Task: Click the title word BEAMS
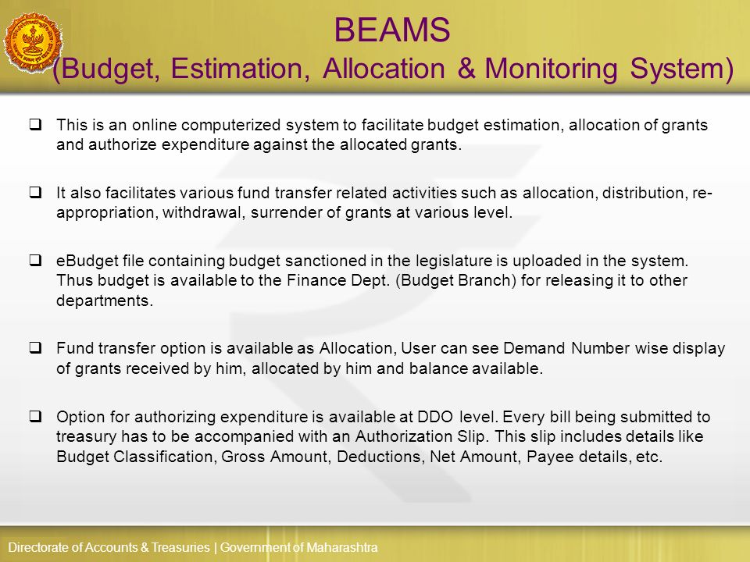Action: [x=393, y=31]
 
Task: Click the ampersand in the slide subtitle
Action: [x=467, y=69]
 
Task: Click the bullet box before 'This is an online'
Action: [x=35, y=124]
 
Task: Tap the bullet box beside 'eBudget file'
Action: [x=35, y=261]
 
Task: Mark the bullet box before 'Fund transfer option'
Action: [x=35, y=348]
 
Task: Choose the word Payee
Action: [x=541, y=457]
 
